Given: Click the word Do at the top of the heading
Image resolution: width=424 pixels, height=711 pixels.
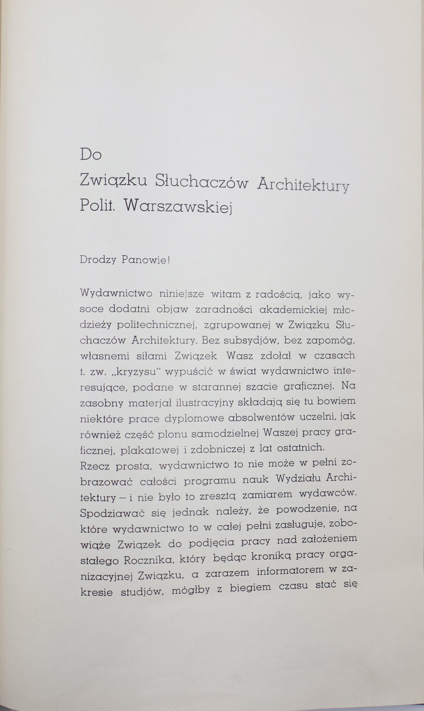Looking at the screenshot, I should pos(91,154).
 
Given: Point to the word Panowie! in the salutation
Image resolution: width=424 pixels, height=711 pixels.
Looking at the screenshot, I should pos(146,260).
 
